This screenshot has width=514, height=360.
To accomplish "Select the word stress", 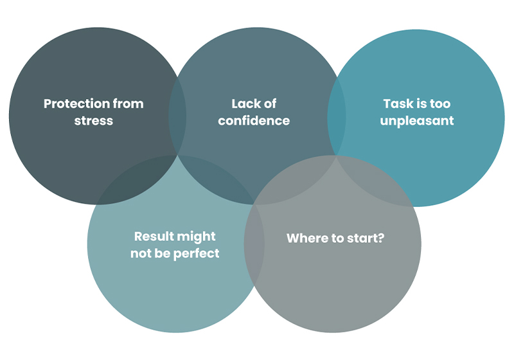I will [x=93, y=120].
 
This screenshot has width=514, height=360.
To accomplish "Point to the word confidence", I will [x=254, y=120].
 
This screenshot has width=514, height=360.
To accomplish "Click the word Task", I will [x=397, y=104].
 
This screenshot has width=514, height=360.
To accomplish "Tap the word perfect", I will [x=197, y=253].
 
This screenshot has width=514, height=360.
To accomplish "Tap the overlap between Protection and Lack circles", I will [x=177, y=116].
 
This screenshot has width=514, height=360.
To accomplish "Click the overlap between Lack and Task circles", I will [x=337, y=116].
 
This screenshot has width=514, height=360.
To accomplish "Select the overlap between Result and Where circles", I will [x=254, y=244].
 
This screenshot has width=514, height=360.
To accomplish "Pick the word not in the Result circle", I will [x=141, y=253].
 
